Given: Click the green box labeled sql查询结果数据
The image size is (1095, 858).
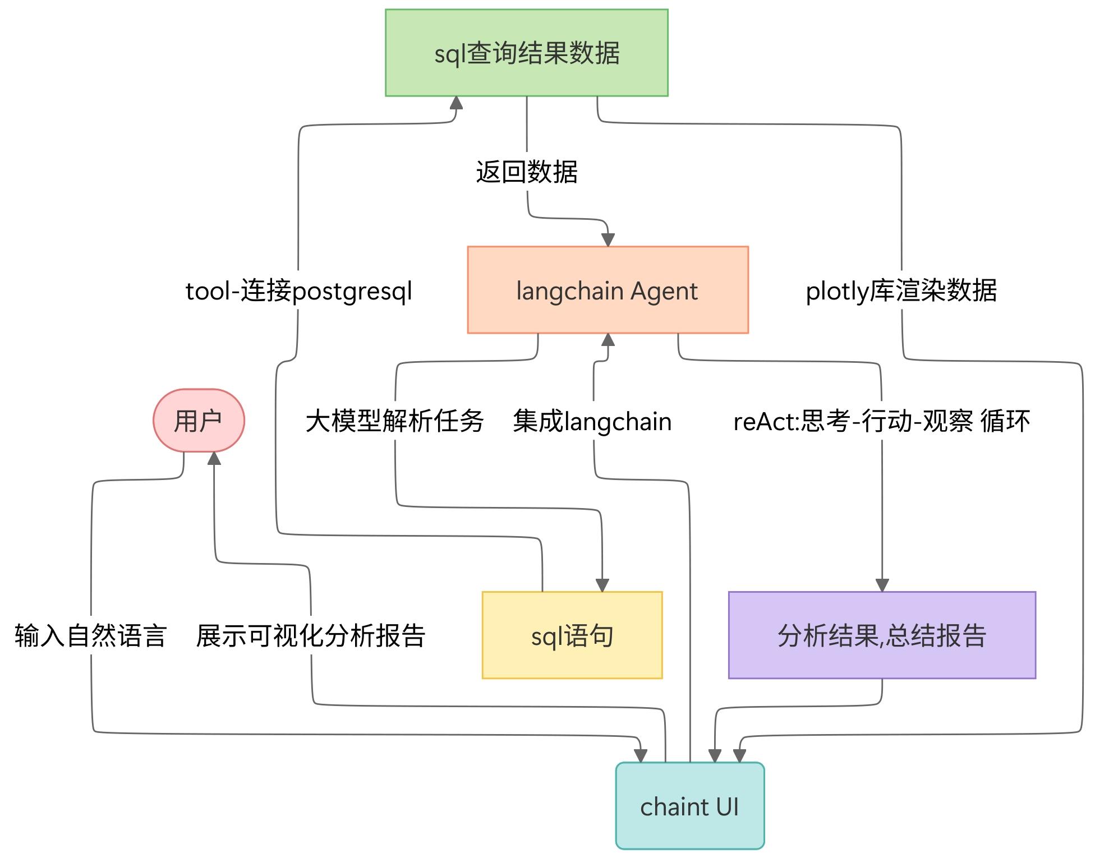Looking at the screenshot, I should pos(526,53).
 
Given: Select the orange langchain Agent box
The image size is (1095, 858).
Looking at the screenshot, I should pos(608,290).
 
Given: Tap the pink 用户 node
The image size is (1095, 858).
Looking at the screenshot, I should pos(199,421).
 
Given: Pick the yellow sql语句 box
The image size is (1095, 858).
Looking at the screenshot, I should pos(572,635).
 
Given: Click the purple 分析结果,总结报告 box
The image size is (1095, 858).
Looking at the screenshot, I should pos(881,635).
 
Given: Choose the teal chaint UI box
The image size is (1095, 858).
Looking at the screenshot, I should pos(689,806).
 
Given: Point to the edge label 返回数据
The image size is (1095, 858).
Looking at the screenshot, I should pos(526,172).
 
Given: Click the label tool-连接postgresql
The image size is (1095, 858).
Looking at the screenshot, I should pos(298,291).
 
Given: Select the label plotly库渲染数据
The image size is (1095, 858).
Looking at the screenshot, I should pos(901,291).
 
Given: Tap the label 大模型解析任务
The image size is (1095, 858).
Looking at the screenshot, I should pos(394,421).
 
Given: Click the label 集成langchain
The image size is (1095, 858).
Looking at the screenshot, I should pos(592,421).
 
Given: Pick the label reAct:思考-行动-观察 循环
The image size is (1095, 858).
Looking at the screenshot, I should pos(881,421).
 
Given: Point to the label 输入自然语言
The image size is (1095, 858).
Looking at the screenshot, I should pos(91,636).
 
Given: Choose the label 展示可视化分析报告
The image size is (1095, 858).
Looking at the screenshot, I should pos(310,636).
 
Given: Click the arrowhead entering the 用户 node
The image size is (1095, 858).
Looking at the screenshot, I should pos(214,459).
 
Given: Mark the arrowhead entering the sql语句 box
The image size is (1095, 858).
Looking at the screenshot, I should pos(602,585).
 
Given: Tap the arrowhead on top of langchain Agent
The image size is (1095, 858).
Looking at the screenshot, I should pos(608,239).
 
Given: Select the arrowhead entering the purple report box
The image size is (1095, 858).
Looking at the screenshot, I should pos(882,585).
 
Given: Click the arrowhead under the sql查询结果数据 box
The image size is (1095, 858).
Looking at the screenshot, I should pos(456,103).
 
